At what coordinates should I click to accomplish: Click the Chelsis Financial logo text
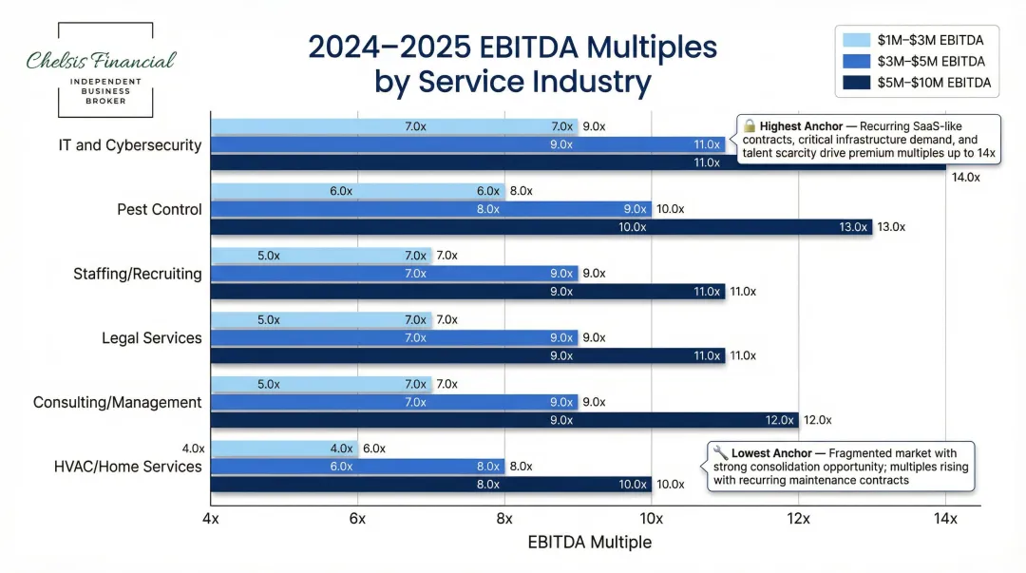(x=101, y=61)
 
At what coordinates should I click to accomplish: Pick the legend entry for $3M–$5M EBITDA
(x=917, y=61)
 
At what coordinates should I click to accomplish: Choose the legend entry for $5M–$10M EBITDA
(x=917, y=83)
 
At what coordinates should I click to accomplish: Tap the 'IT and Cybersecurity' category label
(x=129, y=145)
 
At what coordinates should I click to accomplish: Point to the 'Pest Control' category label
(x=159, y=209)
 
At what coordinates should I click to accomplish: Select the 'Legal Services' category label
(x=151, y=338)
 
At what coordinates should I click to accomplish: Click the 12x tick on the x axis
(x=798, y=519)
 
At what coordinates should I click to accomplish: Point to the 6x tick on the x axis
(x=358, y=519)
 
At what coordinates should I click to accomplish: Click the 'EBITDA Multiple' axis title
(x=589, y=543)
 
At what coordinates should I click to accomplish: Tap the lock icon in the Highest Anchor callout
(x=749, y=125)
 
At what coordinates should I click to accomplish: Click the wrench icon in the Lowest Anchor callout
(x=720, y=453)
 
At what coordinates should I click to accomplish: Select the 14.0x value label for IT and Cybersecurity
(x=965, y=177)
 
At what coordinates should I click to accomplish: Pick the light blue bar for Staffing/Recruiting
(x=321, y=255)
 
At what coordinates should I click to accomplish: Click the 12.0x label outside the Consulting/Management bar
(x=817, y=420)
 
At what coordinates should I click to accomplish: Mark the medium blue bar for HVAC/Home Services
(x=357, y=467)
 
